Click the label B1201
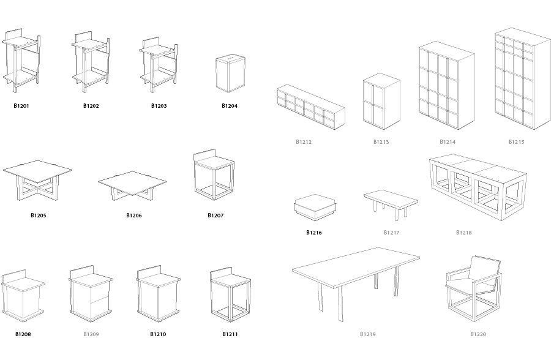coord(21,106)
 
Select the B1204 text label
coord(230,106)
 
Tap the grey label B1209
coord(91,334)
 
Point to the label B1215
coord(516,142)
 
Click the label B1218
coord(464,233)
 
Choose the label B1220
coord(478,334)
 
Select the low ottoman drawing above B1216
coord(315,208)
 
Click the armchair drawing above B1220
coord(474,288)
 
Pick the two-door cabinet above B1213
coord(381,101)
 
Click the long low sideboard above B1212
coord(310,107)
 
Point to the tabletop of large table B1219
coord(356,267)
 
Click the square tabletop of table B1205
coord(37,171)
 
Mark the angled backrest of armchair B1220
coord(485,269)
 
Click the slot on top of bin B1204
coord(231,56)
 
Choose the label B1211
coord(230,334)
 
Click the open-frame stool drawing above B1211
coord(231,294)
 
